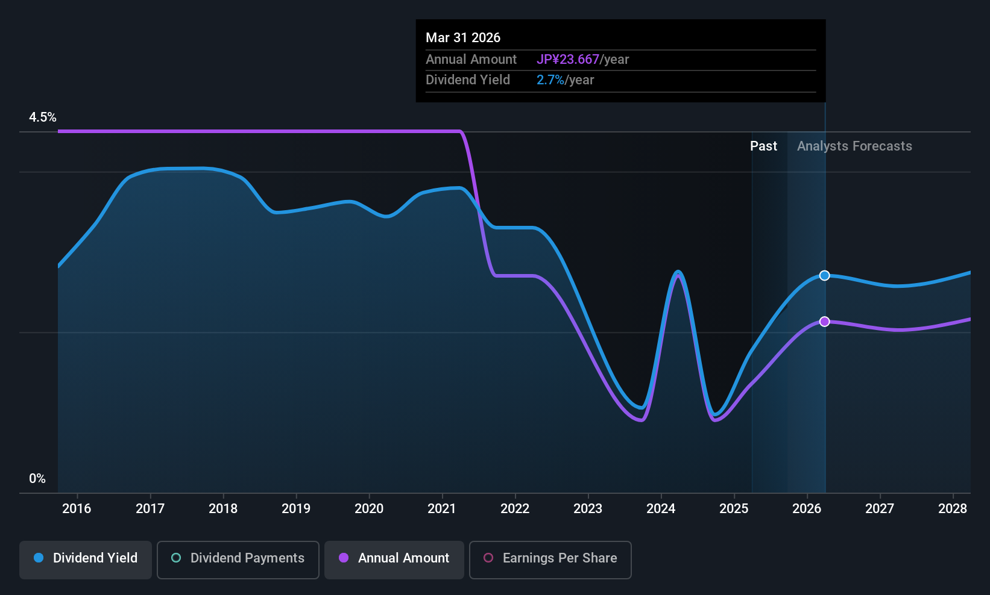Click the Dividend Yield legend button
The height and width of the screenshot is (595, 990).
tap(86, 558)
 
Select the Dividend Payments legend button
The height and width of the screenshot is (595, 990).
tap(238, 558)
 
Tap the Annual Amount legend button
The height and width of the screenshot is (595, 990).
tap(394, 558)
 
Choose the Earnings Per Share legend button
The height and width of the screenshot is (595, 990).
tap(550, 558)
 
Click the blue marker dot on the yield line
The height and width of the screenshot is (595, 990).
tap(824, 276)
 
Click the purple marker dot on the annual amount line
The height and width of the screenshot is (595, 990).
tap(824, 322)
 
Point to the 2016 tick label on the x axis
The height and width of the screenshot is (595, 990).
tap(77, 509)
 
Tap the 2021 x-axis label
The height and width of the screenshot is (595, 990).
tap(442, 509)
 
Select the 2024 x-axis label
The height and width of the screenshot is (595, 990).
tap(661, 509)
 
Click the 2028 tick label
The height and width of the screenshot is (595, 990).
tap(953, 509)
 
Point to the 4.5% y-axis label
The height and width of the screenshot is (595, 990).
tap(43, 117)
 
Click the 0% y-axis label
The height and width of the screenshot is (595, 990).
tap(37, 479)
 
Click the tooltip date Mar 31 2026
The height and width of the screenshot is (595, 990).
tap(463, 38)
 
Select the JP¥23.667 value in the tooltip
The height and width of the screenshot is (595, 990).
tap(568, 60)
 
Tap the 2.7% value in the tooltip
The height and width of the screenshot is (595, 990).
tap(550, 80)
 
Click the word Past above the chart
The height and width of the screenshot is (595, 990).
tap(763, 146)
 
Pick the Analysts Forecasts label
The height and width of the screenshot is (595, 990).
tap(854, 146)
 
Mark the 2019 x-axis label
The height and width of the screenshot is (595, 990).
tap(296, 509)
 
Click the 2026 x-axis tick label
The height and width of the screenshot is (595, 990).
tap(807, 509)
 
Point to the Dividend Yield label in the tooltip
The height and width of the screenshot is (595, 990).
tap(468, 80)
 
